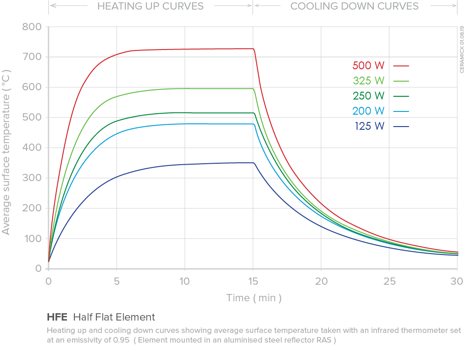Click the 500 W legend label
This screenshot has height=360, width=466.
tap(368, 66)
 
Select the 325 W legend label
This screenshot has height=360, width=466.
tap(368, 81)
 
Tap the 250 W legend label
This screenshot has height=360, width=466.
tap(368, 96)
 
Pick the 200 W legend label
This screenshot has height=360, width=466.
tap(368, 111)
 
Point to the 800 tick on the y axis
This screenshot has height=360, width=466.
tap(32, 27)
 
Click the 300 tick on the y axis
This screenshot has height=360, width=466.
tap(32, 178)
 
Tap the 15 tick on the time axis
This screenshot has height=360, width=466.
tap(253, 280)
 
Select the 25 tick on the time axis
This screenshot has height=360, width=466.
tap(389, 280)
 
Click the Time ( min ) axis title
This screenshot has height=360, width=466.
tap(254, 298)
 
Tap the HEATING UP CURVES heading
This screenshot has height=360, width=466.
tap(150, 6)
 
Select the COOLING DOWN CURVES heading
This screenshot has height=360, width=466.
tap(355, 6)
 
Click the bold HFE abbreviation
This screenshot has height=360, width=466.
tap(57, 317)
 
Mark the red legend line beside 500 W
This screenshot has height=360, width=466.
tap(400, 66)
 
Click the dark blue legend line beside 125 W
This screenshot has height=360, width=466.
tap(400, 126)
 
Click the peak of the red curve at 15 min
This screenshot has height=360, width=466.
tap(252, 49)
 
